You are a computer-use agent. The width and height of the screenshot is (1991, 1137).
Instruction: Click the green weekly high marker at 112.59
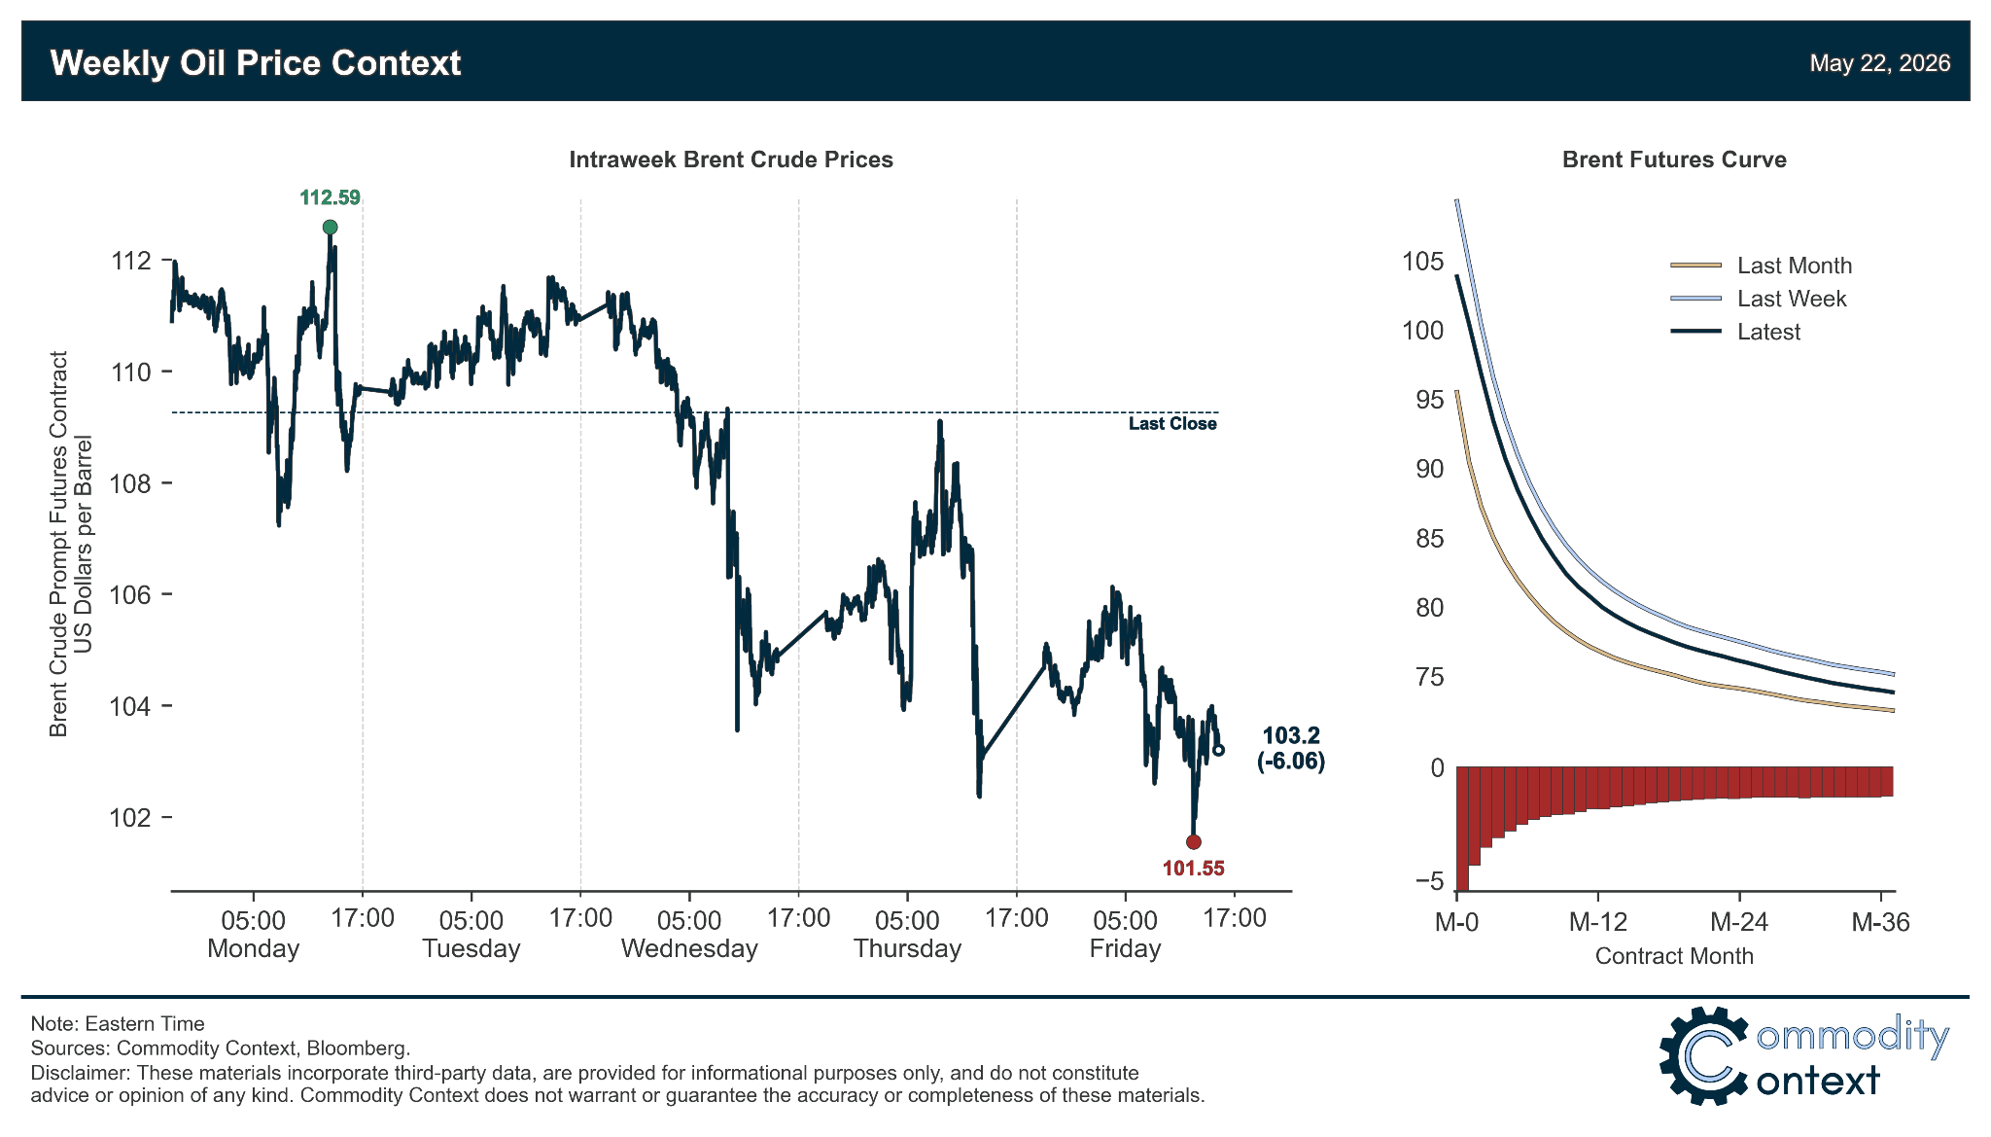[331, 228]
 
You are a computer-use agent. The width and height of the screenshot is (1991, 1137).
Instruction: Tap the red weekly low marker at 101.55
[1194, 842]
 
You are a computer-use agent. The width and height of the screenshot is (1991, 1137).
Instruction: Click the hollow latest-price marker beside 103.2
[1219, 750]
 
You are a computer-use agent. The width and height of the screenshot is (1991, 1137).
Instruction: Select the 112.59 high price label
[331, 198]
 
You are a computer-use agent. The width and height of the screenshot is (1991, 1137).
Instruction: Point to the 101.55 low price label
[1194, 869]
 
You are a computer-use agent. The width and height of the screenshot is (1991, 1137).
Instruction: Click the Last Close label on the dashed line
[1172, 424]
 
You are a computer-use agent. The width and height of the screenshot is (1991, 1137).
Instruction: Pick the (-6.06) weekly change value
[1291, 762]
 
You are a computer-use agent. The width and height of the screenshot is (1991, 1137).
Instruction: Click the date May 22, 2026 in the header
[1880, 63]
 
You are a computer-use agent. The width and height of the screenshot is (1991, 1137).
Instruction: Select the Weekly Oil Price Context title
[256, 63]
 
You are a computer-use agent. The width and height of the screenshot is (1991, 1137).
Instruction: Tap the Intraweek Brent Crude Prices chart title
[731, 160]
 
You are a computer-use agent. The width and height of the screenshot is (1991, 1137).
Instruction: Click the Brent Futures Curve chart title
[1674, 160]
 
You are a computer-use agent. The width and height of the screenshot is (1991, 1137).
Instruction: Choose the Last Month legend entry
[1762, 266]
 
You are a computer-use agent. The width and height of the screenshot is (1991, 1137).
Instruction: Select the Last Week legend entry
[1759, 299]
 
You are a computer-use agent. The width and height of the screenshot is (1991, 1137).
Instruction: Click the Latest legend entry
[1736, 332]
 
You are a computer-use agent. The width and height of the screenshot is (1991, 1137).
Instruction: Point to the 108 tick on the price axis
[131, 483]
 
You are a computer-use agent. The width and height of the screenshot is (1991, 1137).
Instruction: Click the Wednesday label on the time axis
[689, 949]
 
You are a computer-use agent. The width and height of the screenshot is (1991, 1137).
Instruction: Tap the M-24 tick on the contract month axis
[1739, 922]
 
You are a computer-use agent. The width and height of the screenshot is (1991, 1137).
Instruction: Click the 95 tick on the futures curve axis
[1430, 400]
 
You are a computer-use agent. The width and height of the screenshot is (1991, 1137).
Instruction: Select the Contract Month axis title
[1674, 956]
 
